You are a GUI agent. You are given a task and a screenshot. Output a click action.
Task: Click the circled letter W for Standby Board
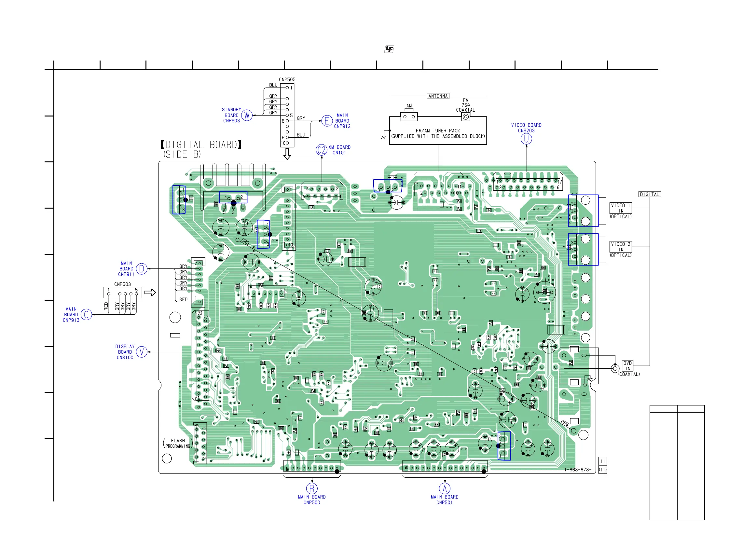coord(246,115)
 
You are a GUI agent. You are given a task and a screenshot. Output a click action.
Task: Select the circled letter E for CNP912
coord(327,121)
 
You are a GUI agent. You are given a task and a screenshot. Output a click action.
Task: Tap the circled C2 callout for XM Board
coord(321,150)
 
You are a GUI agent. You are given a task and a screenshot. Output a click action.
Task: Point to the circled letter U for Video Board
coord(526,139)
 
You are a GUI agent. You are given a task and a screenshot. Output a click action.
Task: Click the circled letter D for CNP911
coord(142,269)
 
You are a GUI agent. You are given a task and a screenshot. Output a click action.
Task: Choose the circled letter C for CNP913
coord(86,315)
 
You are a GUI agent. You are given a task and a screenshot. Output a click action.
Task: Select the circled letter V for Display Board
coord(142,352)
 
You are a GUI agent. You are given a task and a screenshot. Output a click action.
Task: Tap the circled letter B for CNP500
coord(312,488)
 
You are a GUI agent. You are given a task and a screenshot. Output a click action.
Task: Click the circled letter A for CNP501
coord(445,488)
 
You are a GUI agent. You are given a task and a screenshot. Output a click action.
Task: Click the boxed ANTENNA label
coord(438,96)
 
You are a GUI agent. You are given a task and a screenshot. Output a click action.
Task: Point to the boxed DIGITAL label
coord(650,194)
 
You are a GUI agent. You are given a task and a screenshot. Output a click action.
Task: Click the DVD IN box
coord(627,366)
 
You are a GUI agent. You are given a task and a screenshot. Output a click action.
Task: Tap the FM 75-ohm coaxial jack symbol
coord(465,116)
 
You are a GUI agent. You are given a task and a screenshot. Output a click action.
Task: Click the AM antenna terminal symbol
coord(409,116)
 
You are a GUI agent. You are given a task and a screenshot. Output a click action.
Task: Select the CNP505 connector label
coord(287,79)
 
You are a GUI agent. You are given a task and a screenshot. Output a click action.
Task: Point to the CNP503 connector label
coord(122,284)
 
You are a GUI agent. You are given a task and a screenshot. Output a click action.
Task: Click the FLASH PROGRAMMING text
coord(178,443)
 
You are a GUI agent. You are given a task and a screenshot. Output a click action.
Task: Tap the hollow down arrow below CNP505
coord(287,154)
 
